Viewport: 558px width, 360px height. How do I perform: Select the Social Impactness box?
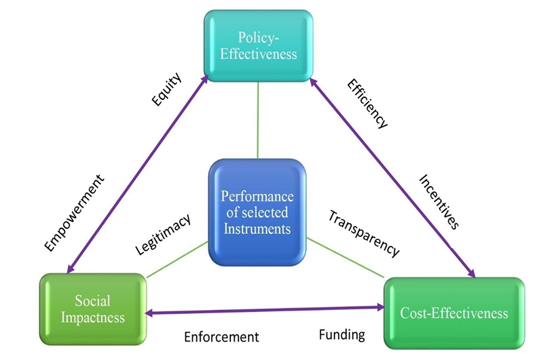pos(93,309)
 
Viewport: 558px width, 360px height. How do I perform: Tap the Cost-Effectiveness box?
pos(454,313)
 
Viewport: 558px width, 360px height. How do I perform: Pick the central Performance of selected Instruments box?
pos(257,213)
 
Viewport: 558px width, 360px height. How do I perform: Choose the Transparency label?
pos(364,233)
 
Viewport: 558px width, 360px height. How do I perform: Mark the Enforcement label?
pos(222,337)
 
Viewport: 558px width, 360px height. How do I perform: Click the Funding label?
pos(342,335)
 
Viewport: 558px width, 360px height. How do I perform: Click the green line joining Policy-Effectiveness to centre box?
pos(257,120)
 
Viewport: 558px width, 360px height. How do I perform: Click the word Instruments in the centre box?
pos(257,229)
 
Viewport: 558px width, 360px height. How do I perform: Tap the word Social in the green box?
pos(93,301)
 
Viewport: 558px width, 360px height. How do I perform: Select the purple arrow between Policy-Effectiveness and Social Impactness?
pos(139,176)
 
